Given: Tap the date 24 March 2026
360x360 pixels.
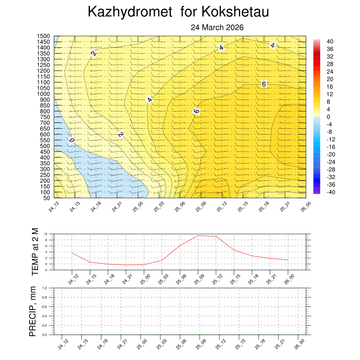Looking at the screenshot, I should click(x=217, y=27).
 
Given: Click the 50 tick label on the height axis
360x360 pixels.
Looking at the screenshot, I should click(x=47, y=198).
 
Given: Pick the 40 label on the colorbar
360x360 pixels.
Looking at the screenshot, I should click(x=330, y=41).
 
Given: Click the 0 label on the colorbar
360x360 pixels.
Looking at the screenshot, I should click(x=328, y=117).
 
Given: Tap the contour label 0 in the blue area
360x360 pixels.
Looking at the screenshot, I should click(x=72, y=140).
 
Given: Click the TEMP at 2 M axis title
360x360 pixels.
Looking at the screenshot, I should click(x=34, y=251).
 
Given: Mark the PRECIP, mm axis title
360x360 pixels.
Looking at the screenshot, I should click(x=33, y=311).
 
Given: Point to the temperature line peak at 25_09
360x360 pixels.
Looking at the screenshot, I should click(x=198, y=236).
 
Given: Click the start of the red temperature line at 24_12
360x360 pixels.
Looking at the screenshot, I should click(x=72, y=253).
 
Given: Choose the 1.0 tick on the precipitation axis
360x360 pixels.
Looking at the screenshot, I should click(x=45, y=288).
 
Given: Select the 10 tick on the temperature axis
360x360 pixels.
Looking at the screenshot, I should click(x=45, y=234).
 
